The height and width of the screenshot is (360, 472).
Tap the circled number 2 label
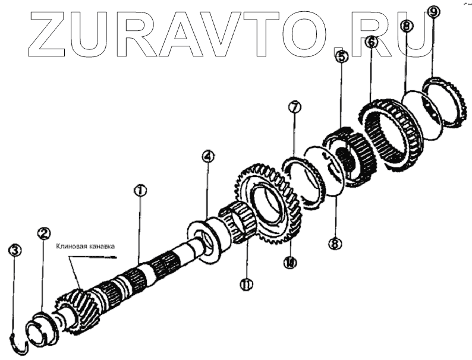[x=43, y=233]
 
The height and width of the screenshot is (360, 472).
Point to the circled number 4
[x=207, y=157]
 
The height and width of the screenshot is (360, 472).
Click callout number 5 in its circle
[x=341, y=57]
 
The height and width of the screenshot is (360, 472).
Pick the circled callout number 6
[x=372, y=42]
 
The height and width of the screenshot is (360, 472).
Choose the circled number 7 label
[x=295, y=108]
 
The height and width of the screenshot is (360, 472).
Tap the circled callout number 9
[x=433, y=12]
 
